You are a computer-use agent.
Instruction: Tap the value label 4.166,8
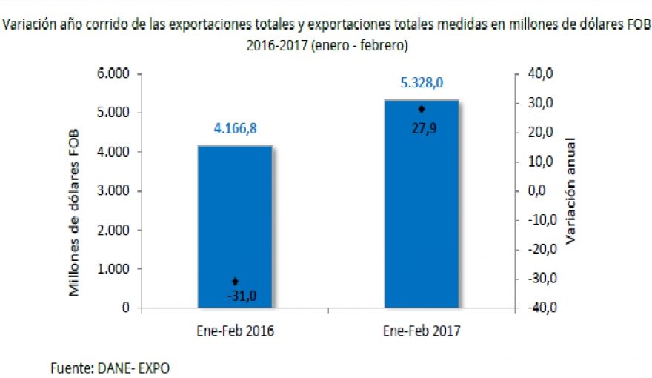[235, 129]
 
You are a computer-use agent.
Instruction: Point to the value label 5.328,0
[422, 83]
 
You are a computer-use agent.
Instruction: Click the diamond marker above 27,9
[422, 109]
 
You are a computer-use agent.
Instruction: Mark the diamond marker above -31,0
[235, 281]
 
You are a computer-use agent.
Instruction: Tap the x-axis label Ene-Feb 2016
[235, 331]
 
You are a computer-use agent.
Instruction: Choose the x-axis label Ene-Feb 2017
[422, 331]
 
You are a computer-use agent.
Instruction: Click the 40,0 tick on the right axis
[539, 74]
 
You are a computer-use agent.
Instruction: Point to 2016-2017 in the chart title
[277, 45]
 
